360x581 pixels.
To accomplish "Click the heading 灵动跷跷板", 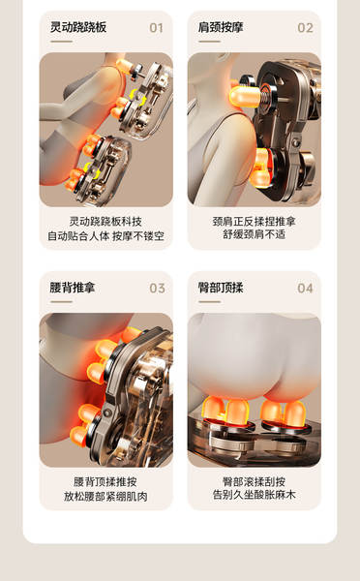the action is click(x=78, y=27).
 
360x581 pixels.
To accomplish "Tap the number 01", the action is click(x=157, y=28).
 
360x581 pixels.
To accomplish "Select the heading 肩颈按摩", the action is click(x=221, y=27).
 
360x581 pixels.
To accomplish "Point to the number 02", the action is click(x=305, y=28).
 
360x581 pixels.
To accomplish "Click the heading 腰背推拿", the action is click(x=73, y=288).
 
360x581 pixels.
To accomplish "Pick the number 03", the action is click(x=157, y=289).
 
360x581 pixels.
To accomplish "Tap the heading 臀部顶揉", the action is click(x=221, y=288).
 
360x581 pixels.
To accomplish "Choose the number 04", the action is click(x=305, y=289).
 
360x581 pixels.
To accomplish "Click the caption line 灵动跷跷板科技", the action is click(x=105, y=222).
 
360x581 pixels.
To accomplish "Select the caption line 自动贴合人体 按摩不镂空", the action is click(x=105, y=236).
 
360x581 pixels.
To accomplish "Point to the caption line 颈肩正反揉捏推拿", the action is click(x=255, y=222).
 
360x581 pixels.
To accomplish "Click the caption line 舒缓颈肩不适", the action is click(x=255, y=234).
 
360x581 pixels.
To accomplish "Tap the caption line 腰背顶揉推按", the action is click(x=105, y=482).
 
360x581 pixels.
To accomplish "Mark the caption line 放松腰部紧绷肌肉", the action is click(x=105, y=497).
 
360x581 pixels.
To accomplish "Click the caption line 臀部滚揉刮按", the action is click(x=255, y=481).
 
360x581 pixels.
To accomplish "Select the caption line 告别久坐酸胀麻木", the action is click(x=255, y=495).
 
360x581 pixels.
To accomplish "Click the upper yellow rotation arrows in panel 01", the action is click(x=137, y=98).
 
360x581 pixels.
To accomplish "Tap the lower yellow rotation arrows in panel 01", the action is click(x=92, y=170).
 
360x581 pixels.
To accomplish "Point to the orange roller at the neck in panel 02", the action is click(x=244, y=96).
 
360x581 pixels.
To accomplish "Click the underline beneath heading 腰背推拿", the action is click(x=62, y=302).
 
